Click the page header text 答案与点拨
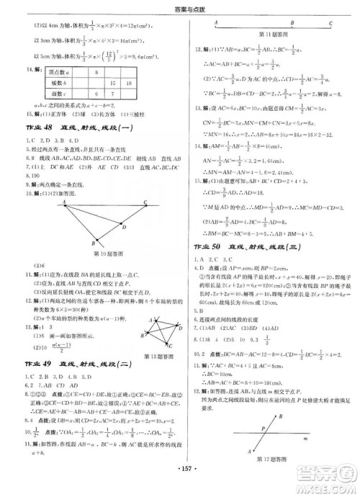point(180,7)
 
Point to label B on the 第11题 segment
point(288,22)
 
